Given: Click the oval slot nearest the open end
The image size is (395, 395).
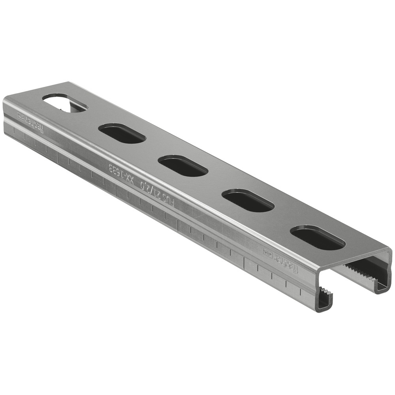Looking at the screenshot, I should tap(318, 238).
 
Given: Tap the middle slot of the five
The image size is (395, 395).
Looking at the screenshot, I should tap(183, 166).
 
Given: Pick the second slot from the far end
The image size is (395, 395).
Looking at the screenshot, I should tap(122, 134).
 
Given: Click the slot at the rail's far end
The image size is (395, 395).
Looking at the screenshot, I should tap(65, 103).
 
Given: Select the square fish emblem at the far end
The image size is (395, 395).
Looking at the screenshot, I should tap(20, 115).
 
